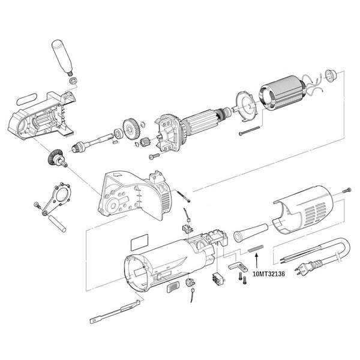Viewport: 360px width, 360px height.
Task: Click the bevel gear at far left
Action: (x=54, y=159)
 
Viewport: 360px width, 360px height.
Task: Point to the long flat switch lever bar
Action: (x=117, y=311)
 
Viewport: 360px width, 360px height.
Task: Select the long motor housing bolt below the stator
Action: (x=248, y=131)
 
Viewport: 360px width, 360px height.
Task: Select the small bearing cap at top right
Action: (x=329, y=76)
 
